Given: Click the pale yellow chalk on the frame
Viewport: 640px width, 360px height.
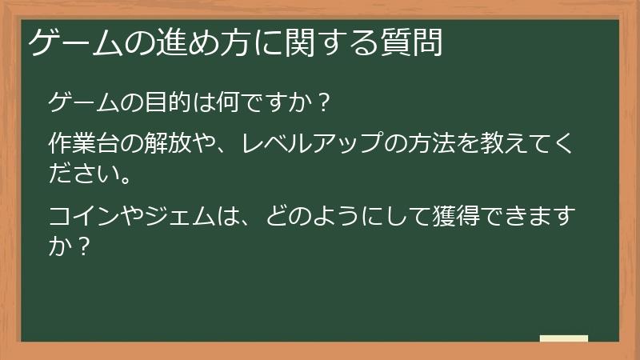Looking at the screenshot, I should [564, 338].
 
